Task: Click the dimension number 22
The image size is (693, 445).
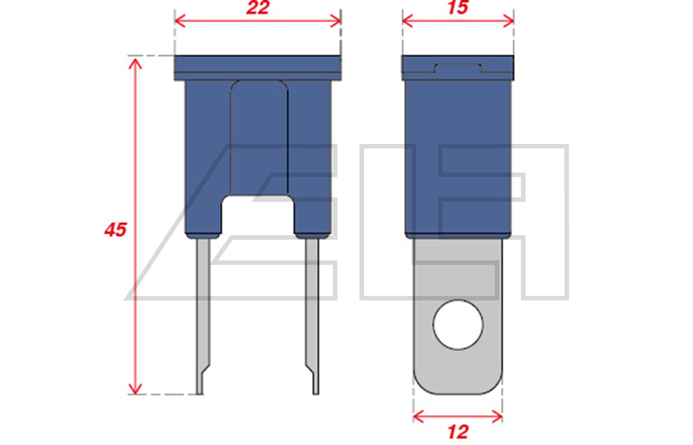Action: (258, 7)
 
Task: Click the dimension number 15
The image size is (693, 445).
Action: (458, 7)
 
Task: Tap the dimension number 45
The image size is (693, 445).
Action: (115, 229)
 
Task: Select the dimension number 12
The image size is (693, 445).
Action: (458, 432)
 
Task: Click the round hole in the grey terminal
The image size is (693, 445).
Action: (458, 325)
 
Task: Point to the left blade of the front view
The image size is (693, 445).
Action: (203, 316)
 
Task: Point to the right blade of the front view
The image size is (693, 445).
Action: (312, 316)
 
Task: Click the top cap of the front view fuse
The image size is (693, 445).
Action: (258, 68)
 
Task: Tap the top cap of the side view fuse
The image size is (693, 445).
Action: (458, 68)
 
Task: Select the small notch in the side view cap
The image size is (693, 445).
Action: (458, 68)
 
